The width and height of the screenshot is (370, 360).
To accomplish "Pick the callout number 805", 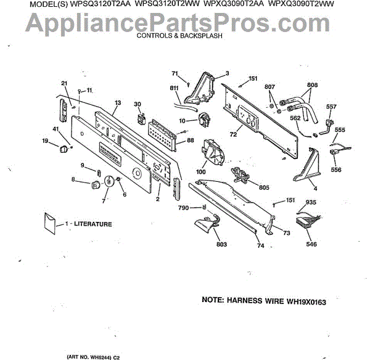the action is click(x=263, y=187).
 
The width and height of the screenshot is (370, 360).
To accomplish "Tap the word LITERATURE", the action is click(x=93, y=224).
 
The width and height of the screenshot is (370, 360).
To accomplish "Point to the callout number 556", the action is click(x=336, y=170).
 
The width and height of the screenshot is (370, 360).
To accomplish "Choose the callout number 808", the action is click(x=312, y=84).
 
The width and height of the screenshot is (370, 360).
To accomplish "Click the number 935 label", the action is click(x=311, y=202).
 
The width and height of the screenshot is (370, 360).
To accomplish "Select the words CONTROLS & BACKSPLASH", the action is click(x=179, y=36).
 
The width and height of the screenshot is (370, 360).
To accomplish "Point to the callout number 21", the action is click(x=64, y=83).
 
